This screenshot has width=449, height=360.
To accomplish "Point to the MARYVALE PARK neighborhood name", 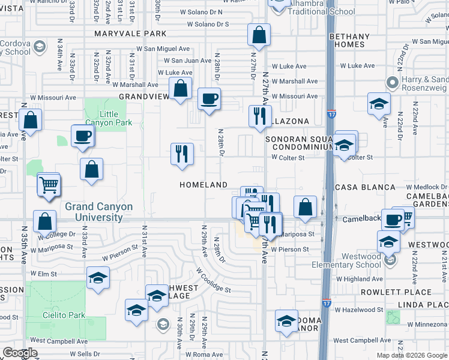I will [130, 34].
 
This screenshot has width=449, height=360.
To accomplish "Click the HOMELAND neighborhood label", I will [203, 185].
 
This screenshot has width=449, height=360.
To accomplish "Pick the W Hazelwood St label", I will [362, 310].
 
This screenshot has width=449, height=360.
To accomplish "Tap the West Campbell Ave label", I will [59, 340].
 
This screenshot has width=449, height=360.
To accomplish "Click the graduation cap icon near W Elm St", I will [98, 278].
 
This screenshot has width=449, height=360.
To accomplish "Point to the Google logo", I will [20, 353].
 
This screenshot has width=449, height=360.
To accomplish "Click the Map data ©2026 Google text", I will [411, 355].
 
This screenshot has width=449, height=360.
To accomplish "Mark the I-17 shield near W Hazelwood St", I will [326, 304].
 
